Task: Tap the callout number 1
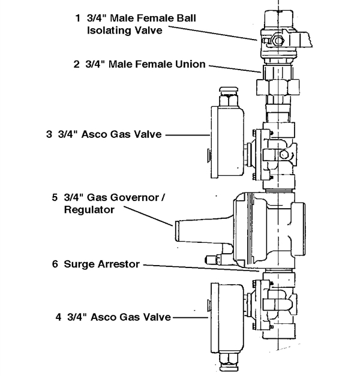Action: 77,18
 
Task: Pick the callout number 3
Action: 49,134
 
